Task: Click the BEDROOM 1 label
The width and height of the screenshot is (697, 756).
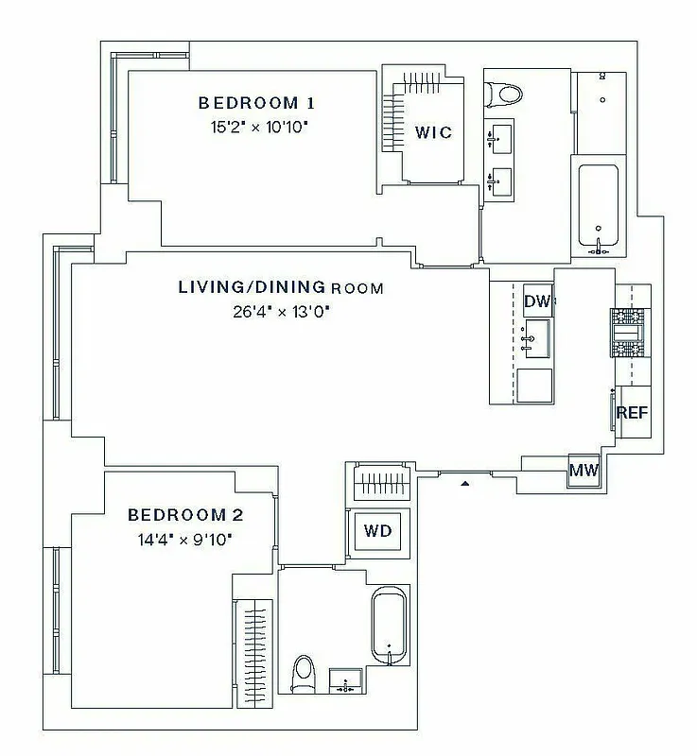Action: [x=255, y=103]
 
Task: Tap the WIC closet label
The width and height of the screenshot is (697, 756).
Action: [x=433, y=132]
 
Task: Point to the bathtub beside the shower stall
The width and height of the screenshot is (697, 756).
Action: [x=597, y=208]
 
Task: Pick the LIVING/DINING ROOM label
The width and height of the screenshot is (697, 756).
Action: [x=281, y=287]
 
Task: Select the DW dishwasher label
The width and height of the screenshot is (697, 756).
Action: [x=537, y=301]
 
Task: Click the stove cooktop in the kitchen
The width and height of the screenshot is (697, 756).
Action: [x=628, y=333]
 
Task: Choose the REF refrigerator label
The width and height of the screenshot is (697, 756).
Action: [x=632, y=412]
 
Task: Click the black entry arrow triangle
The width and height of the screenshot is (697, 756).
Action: [x=464, y=484]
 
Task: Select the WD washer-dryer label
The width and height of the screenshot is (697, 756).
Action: [x=377, y=530]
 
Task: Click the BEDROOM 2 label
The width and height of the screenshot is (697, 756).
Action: [x=185, y=515]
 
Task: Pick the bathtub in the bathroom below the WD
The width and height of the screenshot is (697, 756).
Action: [x=389, y=626]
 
